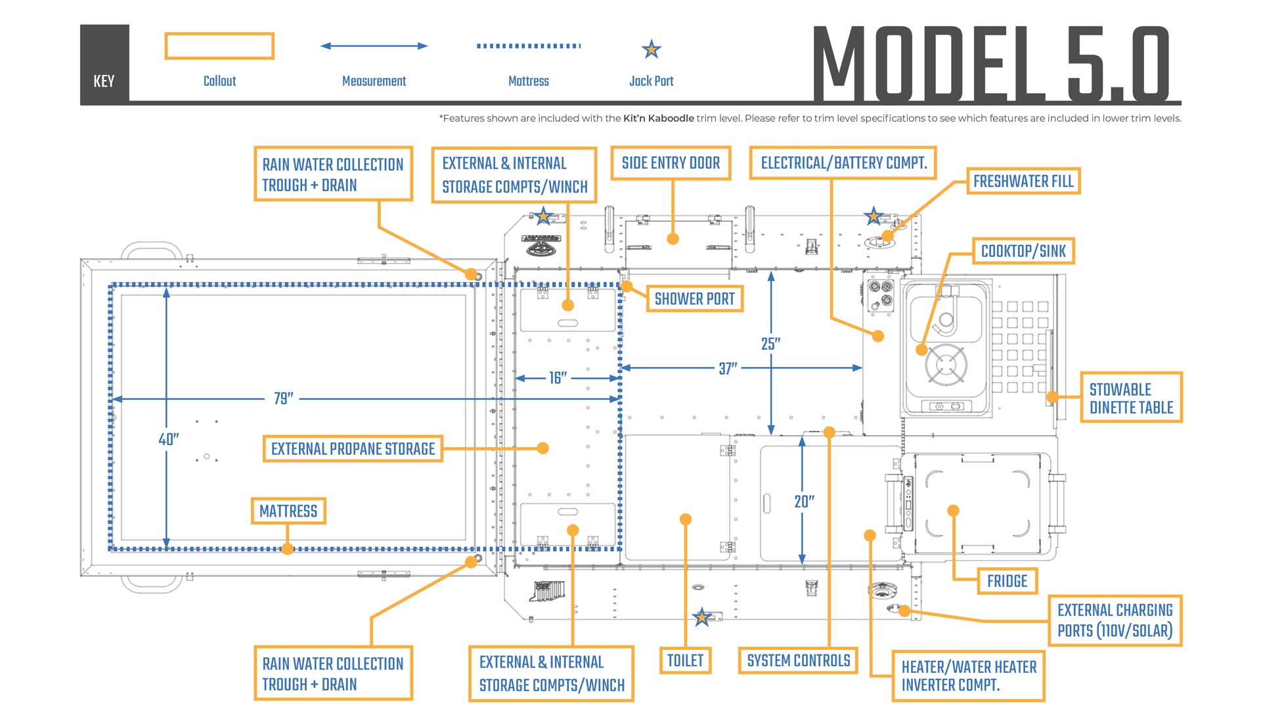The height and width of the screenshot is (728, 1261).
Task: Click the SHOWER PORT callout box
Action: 694,299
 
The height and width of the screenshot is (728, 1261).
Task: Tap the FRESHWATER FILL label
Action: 1023,181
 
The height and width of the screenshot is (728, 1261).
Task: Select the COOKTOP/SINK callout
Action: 1023,251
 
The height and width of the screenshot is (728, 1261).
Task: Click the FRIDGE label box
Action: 1007,581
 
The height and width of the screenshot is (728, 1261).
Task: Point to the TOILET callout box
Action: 685,660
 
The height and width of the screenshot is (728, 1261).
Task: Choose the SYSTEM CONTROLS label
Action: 798,660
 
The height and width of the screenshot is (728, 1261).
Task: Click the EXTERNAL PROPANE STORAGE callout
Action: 353,449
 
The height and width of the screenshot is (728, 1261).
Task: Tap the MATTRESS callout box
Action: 288,511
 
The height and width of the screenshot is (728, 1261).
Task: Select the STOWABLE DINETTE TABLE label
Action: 1130,398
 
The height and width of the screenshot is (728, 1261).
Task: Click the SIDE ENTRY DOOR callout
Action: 671,163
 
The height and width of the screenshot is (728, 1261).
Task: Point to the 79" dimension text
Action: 284,398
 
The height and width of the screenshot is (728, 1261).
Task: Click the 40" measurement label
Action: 169,439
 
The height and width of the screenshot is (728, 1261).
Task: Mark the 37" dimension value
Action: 728,368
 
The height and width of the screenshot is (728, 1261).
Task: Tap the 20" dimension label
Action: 805,502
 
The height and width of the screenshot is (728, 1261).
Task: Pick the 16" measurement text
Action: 558,378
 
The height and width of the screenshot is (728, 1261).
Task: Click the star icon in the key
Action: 651,49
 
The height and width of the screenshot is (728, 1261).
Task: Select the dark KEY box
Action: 104,64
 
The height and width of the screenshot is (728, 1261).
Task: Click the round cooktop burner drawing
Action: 946,364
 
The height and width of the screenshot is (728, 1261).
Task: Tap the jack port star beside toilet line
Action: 701,617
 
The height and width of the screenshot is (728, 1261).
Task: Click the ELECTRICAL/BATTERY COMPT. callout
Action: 843,163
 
